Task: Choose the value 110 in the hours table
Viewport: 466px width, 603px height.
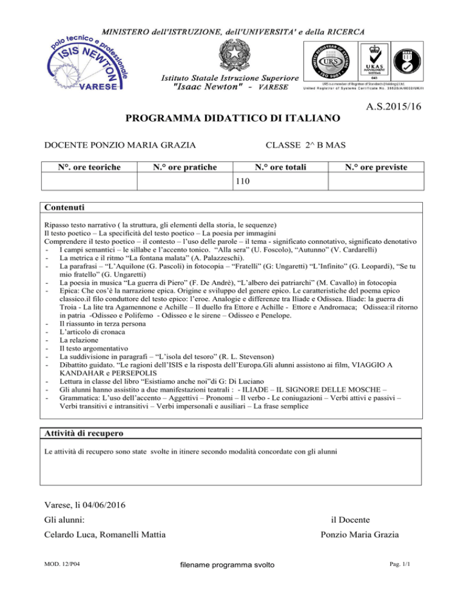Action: (243, 181)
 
